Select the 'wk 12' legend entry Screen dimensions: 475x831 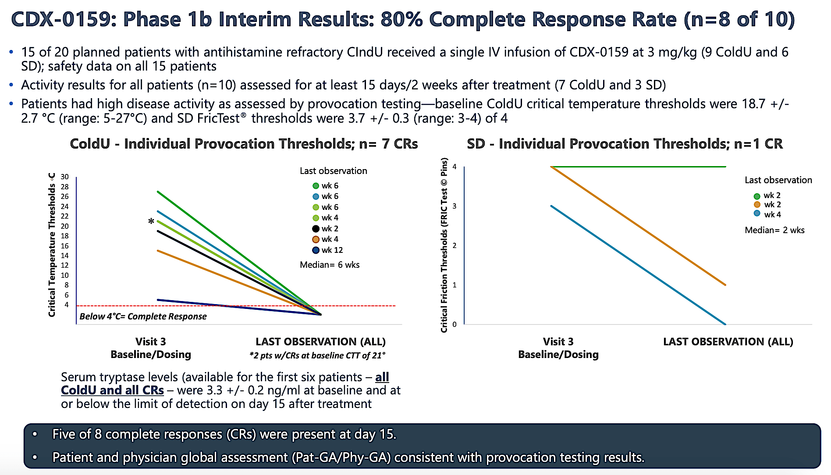(328, 250)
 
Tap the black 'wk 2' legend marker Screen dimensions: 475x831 (316, 229)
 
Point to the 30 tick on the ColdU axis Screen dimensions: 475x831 (65, 177)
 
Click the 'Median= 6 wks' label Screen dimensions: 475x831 (330, 265)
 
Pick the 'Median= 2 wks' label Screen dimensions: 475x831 (774, 230)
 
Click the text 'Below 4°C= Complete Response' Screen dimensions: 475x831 (143, 316)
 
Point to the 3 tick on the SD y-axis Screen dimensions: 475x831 (455, 206)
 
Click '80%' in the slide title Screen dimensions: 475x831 (401, 20)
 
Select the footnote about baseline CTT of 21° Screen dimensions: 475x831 (317, 355)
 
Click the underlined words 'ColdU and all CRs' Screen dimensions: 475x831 (112, 390)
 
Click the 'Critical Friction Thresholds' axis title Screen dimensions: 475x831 (444, 245)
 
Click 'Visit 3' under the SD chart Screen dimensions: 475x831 (558, 342)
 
